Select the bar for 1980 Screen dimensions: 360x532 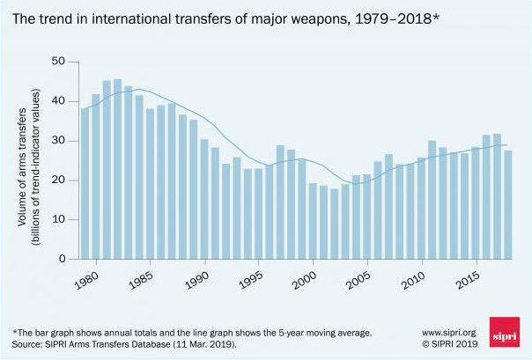(95, 176)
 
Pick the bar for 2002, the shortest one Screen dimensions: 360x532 (333, 224)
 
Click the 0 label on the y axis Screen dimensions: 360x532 (63, 260)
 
